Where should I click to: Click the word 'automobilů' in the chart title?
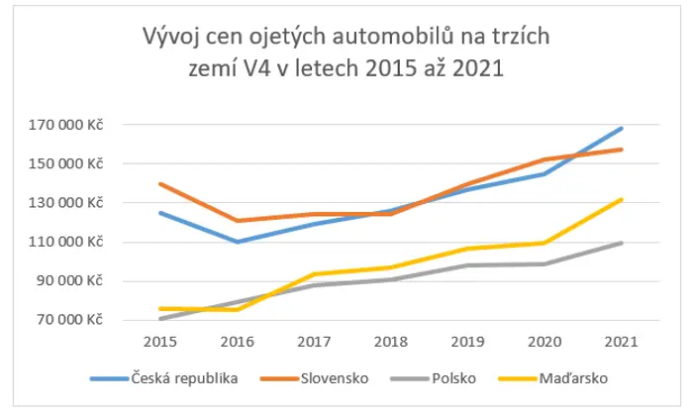click(393, 37)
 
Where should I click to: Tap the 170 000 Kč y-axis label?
click(65, 125)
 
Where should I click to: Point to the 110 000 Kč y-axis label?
click(65, 242)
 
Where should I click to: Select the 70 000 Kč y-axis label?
click(69, 319)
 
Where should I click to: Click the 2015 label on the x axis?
click(160, 342)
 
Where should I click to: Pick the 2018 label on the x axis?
click(391, 342)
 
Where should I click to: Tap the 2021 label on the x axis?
click(622, 342)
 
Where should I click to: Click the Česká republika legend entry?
click(164, 378)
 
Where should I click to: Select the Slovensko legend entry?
click(315, 378)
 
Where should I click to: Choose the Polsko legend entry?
click(434, 378)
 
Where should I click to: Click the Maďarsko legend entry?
click(552, 378)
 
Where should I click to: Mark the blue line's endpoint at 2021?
click(622, 129)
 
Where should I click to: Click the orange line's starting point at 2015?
click(160, 183)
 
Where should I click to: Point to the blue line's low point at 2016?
click(238, 242)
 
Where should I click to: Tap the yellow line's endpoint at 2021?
click(622, 199)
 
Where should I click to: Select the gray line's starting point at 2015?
click(160, 319)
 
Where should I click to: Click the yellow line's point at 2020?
click(544, 243)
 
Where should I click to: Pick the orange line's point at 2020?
click(544, 159)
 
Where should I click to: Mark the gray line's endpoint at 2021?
click(622, 243)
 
